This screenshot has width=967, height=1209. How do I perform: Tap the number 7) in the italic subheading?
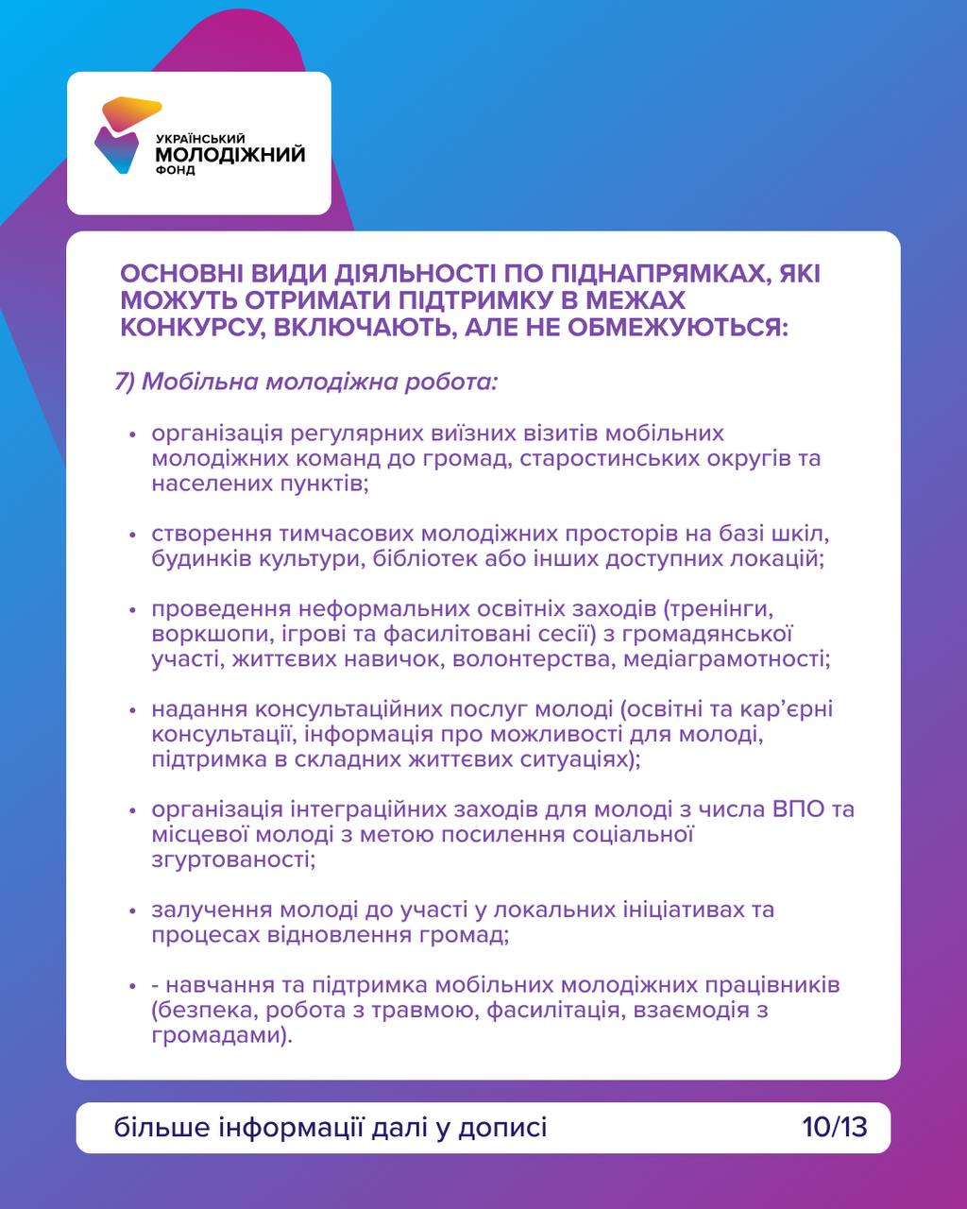[x=127, y=383]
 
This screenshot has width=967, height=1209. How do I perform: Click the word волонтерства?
[x=534, y=658]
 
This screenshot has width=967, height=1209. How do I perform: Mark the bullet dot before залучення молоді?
[x=133, y=911]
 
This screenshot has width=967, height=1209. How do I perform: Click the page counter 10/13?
[x=835, y=1127]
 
